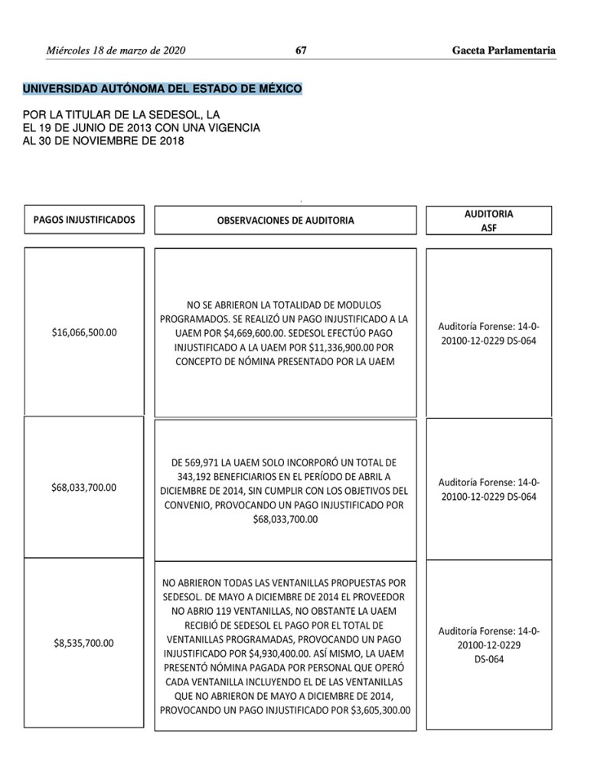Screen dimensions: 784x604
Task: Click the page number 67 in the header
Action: click(x=301, y=51)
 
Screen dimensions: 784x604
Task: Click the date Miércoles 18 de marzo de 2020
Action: click(x=116, y=51)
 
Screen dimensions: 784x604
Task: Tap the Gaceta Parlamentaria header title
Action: click(x=504, y=51)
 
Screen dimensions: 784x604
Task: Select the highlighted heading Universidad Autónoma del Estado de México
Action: click(x=162, y=89)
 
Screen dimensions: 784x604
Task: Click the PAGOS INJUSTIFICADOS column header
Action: click(x=84, y=220)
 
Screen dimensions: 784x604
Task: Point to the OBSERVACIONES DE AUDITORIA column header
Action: click(x=286, y=220)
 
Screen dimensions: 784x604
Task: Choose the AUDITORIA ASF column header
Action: click(x=488, y=220)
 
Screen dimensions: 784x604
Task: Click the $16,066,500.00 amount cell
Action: click(x=84, y=332)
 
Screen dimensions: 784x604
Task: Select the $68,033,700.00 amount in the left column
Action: click(x=84, y=487)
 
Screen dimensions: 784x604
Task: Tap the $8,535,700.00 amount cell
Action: click(x=84, y=643)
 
